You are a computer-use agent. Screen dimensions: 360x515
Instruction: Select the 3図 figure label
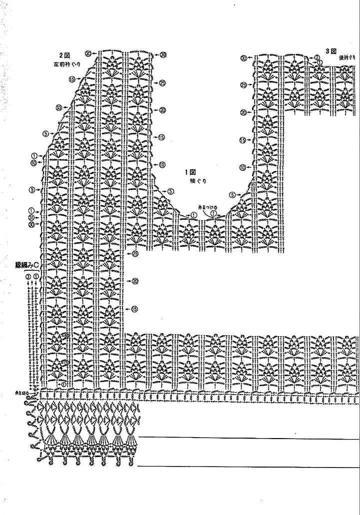point(332,50)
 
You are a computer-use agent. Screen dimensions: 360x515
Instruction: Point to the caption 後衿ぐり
point(346,58)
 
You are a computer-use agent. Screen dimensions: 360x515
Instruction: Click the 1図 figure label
point(191,172)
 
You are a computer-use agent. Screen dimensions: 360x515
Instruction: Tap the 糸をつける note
point(205,206)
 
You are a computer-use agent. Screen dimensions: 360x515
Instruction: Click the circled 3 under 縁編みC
point(28,276)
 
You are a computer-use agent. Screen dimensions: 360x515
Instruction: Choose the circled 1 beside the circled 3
point(35,276)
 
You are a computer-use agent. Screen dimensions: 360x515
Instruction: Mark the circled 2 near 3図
point(317,57)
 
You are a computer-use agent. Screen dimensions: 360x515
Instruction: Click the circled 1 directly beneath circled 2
point(320,62)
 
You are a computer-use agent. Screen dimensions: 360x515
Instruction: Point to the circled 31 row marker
point(31,218)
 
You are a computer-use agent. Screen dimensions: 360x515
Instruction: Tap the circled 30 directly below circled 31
point(31,225)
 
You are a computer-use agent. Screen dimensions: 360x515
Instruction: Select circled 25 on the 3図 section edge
point(244,84)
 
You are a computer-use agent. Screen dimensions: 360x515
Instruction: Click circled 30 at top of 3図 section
point(244,58)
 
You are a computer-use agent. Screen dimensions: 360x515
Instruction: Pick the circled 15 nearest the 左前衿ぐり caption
point(72,79)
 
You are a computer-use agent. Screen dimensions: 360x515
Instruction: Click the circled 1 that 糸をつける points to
point(213,213)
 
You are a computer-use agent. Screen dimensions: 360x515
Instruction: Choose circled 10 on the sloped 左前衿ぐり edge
point(59,107)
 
